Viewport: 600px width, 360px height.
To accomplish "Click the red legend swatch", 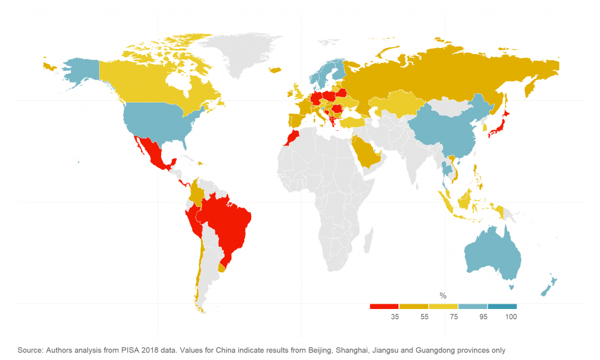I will point(384,306).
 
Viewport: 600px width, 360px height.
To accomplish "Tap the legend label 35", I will point(395,317).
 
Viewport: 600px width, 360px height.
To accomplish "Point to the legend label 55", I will point(424,317).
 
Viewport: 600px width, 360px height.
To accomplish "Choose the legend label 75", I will point(454,317).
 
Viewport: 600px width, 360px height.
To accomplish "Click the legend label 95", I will point(483,317).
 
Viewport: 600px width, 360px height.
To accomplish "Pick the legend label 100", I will point(510,317).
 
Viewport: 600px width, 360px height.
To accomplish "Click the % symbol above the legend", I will point(443,296).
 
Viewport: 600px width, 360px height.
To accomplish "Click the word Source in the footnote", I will point(30,350).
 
